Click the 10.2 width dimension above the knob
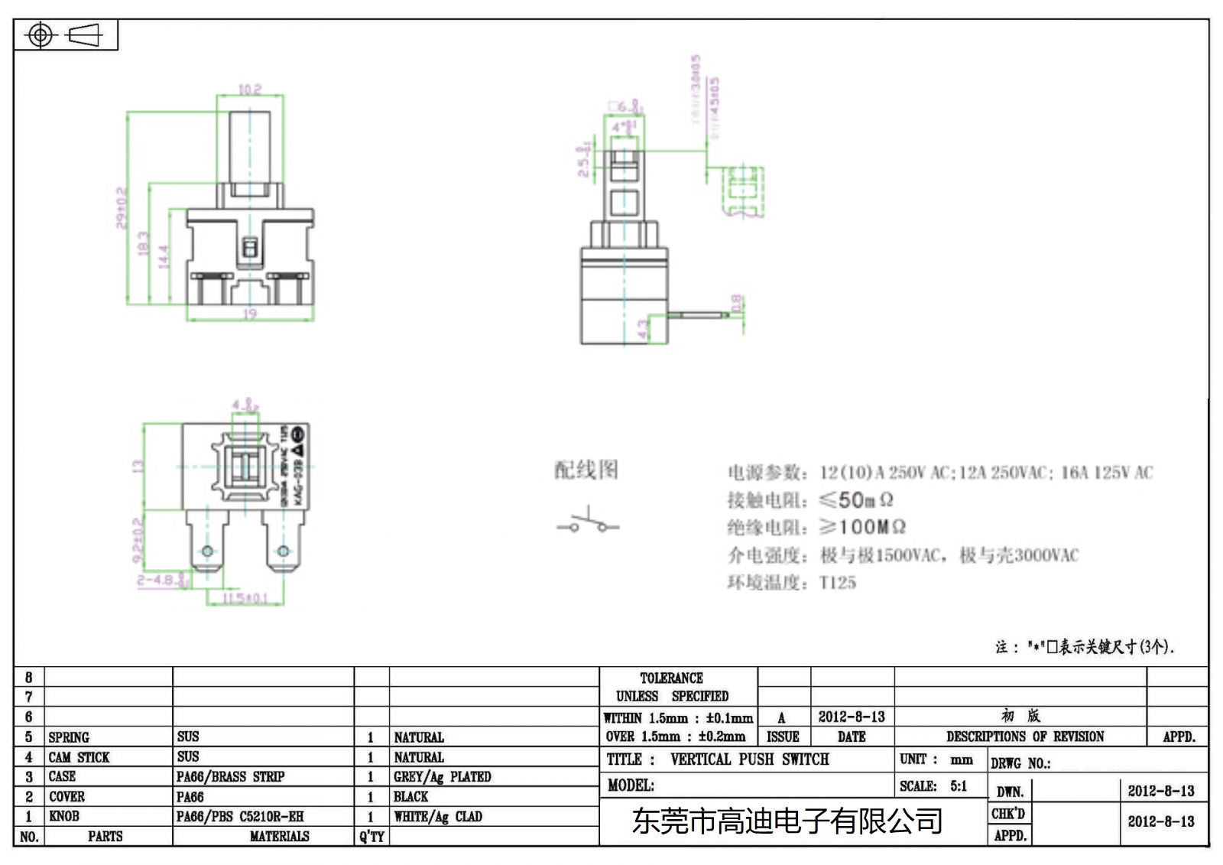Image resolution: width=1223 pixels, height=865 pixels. tap(250, 89)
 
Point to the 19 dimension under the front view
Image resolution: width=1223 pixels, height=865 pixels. tap(250, 314)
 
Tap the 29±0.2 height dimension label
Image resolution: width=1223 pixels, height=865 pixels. tap(122, 207)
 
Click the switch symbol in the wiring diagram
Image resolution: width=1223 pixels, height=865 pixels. tap(587, 523)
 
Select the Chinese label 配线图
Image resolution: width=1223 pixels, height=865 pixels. tap(586, 470)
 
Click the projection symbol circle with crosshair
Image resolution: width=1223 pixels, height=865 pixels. tap(41, 35)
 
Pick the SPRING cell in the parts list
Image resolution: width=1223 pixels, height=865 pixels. tap(69, 737)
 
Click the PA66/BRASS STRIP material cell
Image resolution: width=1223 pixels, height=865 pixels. tap(230, 776)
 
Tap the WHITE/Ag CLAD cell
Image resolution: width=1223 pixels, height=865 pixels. tap(438, 816)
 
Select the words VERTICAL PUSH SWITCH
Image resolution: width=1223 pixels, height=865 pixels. tap(749, 759)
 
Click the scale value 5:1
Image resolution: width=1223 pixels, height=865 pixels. tap(959, 785)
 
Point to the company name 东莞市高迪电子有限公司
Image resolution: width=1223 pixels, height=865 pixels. tap(787, 821)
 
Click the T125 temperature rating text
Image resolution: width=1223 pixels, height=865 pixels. tap(838, 583)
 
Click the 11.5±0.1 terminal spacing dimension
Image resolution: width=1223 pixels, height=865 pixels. tap(245, 597)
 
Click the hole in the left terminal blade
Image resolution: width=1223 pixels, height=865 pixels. tap(207, 551)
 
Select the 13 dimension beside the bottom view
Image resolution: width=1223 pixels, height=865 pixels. tap(138, 466)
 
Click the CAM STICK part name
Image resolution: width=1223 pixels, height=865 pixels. tap(79, 757)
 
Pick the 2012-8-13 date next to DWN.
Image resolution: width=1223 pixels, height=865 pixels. tap(1160, 791)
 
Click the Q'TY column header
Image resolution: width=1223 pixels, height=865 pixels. tap(371, 836)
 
